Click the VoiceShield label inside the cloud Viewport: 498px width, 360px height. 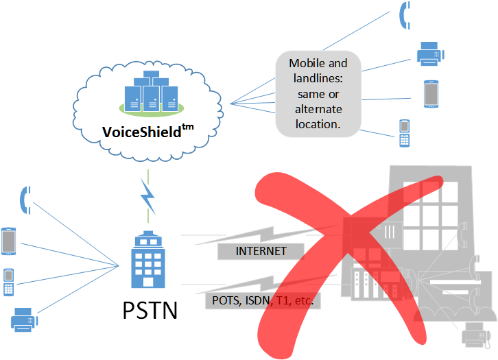(141, 131)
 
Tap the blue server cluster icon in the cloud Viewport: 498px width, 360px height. (147, 95)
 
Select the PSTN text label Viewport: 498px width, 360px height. (150, 310)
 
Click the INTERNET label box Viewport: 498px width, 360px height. (261, 252)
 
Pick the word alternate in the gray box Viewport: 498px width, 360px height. (318, 110)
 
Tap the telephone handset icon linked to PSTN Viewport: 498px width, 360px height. (25, 199)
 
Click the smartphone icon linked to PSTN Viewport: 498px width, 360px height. (9, 241)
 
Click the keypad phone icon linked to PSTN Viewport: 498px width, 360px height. (9, 282)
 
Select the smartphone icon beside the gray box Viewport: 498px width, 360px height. (430, 93)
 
